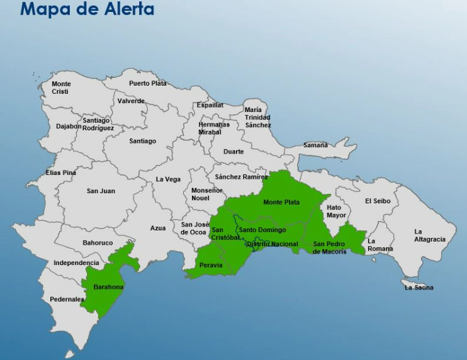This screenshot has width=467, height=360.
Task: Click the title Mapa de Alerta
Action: (87, 9)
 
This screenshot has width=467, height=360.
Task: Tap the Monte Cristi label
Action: (61, 87)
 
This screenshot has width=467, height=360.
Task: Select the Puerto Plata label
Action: (148, 83)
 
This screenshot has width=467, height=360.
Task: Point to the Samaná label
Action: (315, 145)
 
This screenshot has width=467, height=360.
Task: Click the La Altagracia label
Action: (430, 235)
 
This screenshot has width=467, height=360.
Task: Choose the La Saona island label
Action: (419, 288)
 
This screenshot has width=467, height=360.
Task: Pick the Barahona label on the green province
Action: (108, 287)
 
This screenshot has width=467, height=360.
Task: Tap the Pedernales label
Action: (67, 300)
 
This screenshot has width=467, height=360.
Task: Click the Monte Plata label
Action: (281, 203)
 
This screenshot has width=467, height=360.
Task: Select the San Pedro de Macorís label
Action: (330, 248)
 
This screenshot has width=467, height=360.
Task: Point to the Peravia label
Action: (211, 265)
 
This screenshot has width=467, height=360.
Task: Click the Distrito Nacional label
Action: (273, 244)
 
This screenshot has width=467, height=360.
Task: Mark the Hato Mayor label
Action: (337, 211)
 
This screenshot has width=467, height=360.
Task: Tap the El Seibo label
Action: (378, 201)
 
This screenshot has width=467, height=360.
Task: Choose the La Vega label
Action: (168, 179)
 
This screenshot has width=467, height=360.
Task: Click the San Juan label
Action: (101, 191)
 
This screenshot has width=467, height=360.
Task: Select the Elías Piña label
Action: (60, 172)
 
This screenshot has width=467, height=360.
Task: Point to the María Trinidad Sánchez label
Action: (257, 118)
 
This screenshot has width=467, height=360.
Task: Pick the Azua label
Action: (158, 228)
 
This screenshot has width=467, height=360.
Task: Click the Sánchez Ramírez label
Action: (241, 177)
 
